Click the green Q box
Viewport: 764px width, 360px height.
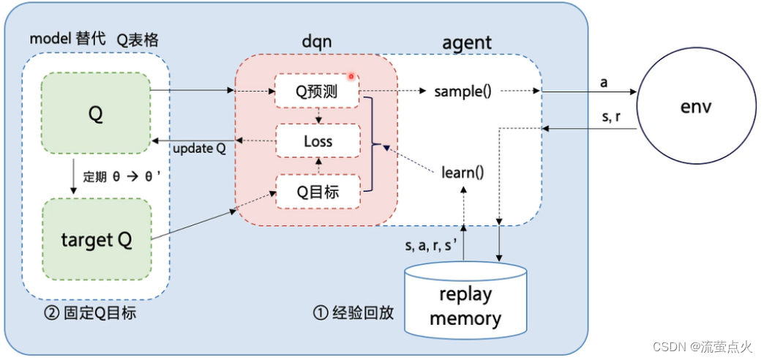coord(95,113)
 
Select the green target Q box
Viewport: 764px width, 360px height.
coord(97,239)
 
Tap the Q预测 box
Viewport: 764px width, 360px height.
coord(317,91)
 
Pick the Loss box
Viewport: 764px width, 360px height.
coord(318,141)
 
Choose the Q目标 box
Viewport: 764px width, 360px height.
coord(318,192)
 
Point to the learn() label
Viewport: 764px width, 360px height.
coord(462,173)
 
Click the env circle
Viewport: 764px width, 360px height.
coord(697,107)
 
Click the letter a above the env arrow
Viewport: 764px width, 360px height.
coord(604,83)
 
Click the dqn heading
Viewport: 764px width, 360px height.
coord(317,42)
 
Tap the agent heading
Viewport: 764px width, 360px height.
coord(467,43)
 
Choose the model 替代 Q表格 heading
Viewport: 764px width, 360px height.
coord(94,39)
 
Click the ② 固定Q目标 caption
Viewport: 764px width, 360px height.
coord(89,312)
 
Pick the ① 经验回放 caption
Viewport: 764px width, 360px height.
coord(353,313)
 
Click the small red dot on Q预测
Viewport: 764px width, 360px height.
coord(351,77)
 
